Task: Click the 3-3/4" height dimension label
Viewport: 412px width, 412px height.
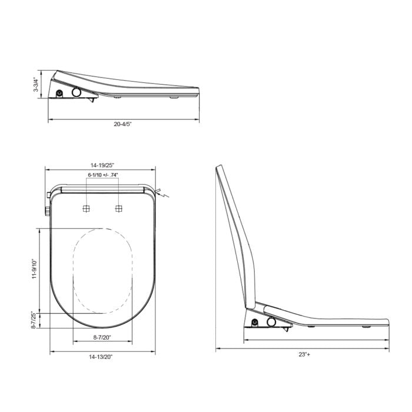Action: (37, 85)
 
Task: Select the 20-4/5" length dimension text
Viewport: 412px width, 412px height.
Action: (123, 124)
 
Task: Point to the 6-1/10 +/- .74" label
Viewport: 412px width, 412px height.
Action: (103, 175)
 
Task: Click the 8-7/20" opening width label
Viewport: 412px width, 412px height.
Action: (102, 337)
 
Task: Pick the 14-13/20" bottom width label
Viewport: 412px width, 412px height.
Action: (102, 357)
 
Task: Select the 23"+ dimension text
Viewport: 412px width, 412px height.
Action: (303, 354)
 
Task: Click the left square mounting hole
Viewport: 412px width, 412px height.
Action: (86, 208)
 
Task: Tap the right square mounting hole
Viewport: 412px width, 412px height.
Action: (119, 208)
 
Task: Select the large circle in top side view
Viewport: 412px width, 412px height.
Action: (77, 92)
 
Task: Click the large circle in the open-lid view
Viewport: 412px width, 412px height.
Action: (272, 321)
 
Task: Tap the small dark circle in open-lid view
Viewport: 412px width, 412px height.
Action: (254, 321)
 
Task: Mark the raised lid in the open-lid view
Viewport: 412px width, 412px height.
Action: (235, 235)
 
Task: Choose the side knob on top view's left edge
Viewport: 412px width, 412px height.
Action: (45, 211)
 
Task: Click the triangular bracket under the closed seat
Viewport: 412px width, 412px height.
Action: (91, 100)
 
